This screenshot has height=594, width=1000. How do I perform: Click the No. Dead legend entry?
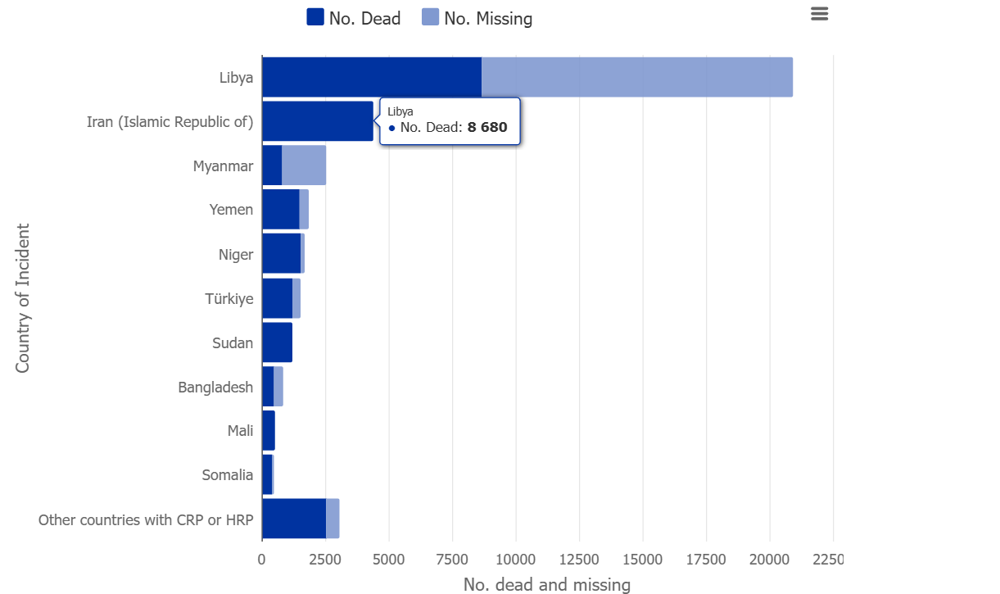(353, 18)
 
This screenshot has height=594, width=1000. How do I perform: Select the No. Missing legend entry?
(477, 18)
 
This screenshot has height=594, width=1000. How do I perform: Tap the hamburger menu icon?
(819, 14)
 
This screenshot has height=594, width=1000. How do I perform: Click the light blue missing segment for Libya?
(636, 77)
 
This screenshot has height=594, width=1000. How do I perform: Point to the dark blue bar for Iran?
(317, 121)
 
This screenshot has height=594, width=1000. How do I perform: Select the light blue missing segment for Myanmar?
(304, 166)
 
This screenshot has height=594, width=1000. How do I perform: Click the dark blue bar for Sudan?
(277, 342)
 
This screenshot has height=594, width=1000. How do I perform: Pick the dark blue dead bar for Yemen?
(280, 210)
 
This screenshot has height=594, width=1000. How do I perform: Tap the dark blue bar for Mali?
(269, 431)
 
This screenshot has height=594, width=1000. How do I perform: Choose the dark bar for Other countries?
(293, 519)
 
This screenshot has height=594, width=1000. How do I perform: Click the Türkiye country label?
(229, 298)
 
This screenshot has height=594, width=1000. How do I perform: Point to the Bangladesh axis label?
(215, 387)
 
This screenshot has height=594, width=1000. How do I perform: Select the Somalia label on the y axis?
(227, 475)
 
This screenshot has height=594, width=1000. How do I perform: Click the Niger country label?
(235, 254)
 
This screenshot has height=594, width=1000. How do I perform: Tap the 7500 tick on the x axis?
(452, 560)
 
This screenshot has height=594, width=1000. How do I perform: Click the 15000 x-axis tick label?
(643, 560)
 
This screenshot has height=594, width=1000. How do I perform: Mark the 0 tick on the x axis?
(262, 560)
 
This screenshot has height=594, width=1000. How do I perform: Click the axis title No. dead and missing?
(546, 584)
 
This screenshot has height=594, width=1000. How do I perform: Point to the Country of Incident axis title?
(22, 298)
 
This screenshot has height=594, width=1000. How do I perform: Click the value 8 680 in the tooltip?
(487, 128)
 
